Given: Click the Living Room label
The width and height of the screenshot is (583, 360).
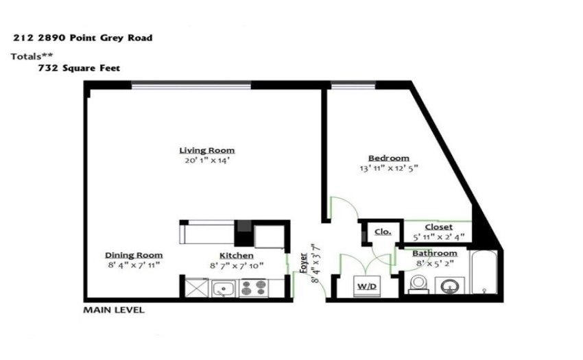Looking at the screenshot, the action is pos(206,151).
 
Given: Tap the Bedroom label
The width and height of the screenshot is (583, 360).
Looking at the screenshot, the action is pos(388,158).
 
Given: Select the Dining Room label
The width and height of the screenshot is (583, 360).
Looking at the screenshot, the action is pos(134,256).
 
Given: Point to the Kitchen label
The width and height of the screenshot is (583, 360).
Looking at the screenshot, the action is pos(237,256).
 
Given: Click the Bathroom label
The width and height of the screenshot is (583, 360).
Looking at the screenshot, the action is pos(435,254).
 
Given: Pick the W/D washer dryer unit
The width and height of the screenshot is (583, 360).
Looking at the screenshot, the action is pos(367,287).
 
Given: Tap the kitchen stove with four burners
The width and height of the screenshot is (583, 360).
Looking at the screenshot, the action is pos(254,288).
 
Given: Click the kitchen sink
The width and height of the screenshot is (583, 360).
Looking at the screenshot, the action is pos(224,289).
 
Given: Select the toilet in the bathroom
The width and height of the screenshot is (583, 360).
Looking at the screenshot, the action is pos(419,285).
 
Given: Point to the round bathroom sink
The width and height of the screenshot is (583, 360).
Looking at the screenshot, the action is pos(449,286).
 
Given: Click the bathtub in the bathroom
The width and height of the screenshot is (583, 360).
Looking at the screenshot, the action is pos(484,272).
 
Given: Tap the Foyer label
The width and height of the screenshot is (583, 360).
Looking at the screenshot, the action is pos(303,263).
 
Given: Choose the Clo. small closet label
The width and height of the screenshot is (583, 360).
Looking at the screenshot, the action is pos(383,232).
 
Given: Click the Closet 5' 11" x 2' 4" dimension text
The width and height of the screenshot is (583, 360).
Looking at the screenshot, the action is pos(439,237).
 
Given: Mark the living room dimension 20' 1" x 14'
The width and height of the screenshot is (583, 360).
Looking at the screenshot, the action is pos(207,160).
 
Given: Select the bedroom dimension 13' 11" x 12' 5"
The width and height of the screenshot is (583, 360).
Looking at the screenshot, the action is pos(389,168).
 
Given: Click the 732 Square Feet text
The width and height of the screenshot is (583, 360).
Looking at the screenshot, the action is pos(79,68).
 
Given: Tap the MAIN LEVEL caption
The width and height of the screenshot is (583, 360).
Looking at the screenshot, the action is pos(114,310).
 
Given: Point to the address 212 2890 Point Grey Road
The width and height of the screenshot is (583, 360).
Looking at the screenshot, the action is pos(83,38).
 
